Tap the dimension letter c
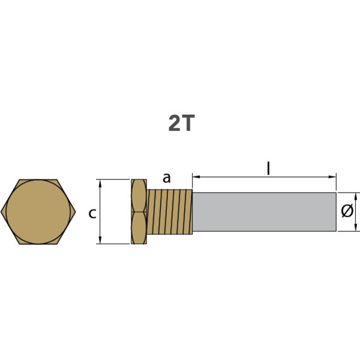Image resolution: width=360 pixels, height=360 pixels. pyautogui.click(x=92, y=212)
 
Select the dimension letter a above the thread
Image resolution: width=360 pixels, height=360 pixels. pyautogui.click(x=167, y=178)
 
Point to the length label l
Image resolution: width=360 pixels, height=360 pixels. pyautogui.click(x=268, y=169)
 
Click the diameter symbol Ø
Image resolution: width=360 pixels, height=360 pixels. pyautogui.click(x=346, y=211)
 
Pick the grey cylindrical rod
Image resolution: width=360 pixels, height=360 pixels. pyautogui.click(x=264, y=212)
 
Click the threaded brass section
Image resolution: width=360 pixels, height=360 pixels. pyautogui.click(x=170, y=212)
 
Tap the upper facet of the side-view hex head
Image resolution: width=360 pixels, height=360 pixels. pyautogui.click(x=139, y=195)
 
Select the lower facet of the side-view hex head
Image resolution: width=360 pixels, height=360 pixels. pyautogui.click(x=139, y=228)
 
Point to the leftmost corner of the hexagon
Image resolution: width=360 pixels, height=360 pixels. pyautogui.click(x=2, y=211)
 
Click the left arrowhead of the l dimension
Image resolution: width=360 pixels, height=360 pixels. pyautogui.click(x=195, y=176)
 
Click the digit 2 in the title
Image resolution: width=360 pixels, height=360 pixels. pyautogui.click(x=175, y=123)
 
